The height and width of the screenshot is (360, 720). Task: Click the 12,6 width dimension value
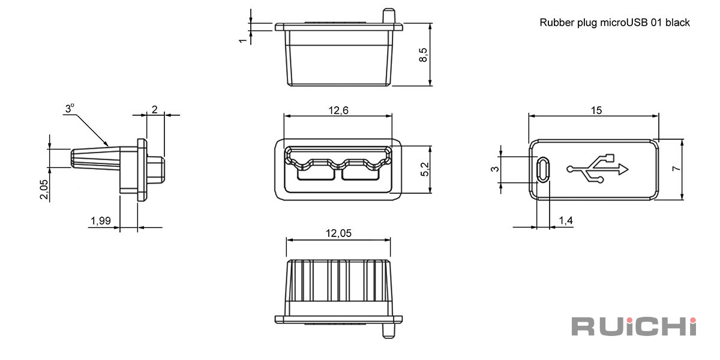coord(338,110)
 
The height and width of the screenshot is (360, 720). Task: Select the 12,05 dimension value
coord(338,233)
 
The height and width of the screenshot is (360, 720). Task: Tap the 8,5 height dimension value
coord(424,55)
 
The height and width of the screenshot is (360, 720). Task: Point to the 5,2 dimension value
coord(425,169)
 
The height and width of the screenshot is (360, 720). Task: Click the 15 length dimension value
coord(596,110)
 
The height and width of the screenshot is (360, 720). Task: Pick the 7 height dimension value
coord(677,169)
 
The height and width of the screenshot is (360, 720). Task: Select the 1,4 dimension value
coord(566,221)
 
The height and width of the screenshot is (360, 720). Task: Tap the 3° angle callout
coord(70,109)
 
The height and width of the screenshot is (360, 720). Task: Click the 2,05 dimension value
coord(44,190)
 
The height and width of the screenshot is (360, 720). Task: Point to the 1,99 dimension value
coord(101,221)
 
